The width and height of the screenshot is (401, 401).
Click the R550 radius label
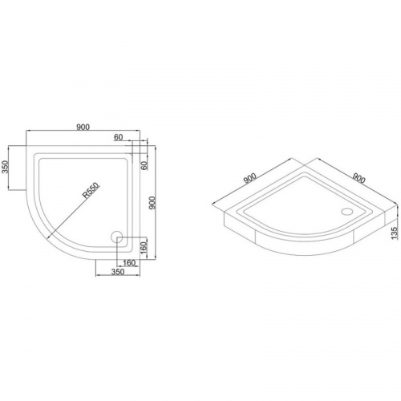[91, 190]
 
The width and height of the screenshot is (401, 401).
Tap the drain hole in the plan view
[116, 237]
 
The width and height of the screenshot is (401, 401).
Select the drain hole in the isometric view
[346, 212]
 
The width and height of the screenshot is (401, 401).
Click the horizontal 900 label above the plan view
[83, 128]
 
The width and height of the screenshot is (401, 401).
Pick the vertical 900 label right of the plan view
[152, 203]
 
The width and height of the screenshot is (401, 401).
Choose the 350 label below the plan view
[118, 272]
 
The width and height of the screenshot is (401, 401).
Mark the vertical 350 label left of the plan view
[6, 167]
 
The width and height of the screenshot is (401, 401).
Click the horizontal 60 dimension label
[118, 137]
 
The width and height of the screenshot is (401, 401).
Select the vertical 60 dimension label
[144, 166]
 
